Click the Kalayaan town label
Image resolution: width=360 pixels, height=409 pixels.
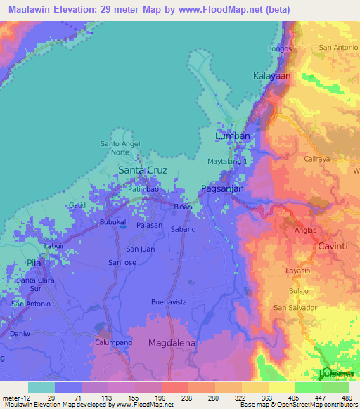point(271,75)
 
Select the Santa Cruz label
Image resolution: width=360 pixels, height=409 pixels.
point(142,170)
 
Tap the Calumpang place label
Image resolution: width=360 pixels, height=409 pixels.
point(114,342)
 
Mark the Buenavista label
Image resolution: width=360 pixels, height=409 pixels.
point(169,301)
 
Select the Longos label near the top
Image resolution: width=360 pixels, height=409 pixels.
point(280,48)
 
